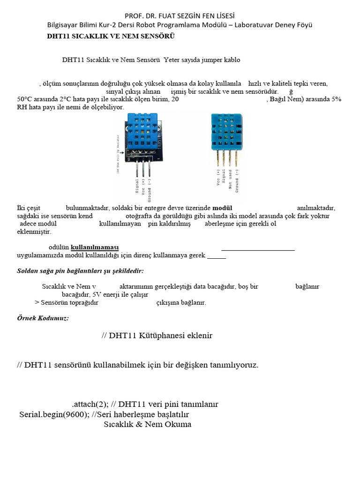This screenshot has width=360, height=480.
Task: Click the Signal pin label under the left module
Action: (137, 186)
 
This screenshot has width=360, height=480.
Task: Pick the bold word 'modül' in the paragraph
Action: (222, 208)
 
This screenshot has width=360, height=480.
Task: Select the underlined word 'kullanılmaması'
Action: (95, 247)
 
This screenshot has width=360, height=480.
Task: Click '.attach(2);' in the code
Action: (89, 404)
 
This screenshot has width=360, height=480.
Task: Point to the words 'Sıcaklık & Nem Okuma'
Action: (147, 425)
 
